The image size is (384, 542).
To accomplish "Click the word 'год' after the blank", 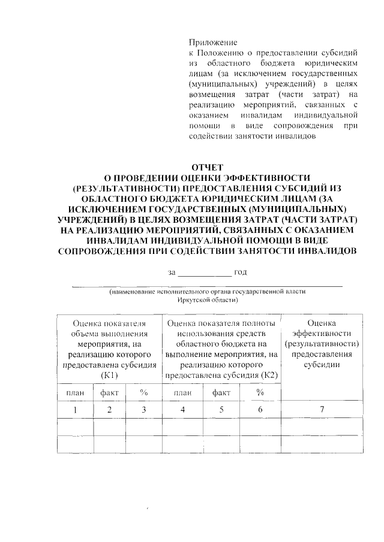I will coord(241,272).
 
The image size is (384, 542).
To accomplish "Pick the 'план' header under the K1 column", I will coord(75,392).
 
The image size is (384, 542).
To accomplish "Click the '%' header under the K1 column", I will coord(144,392).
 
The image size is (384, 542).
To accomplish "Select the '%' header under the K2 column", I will coord(260,392).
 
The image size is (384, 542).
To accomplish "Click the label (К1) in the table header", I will coord(109,375).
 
